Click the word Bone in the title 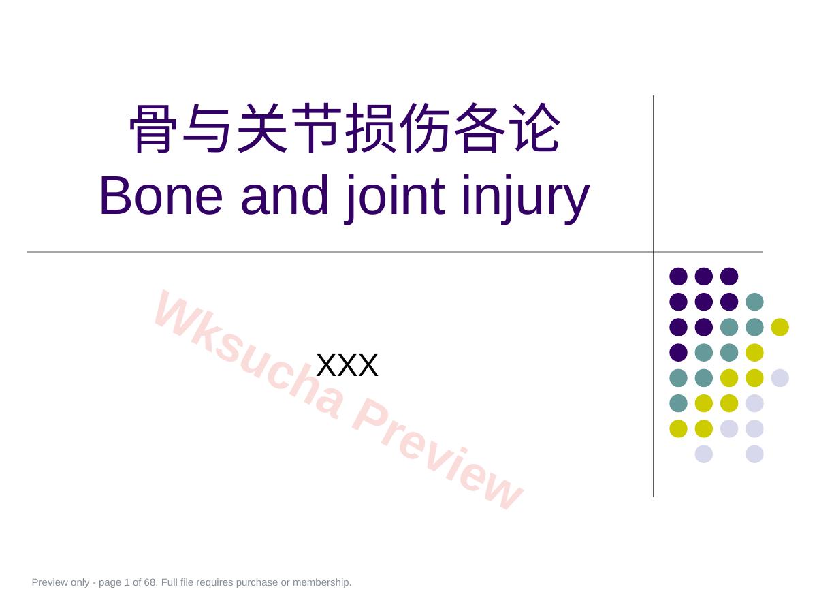click(x=161, y=195)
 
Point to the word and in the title click(x=285, y=195)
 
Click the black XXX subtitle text click(x=347, y=365)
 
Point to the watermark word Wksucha click(x=249, y=353)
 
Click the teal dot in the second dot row click(x=754, y=302)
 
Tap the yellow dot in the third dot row click(x=780, y=327)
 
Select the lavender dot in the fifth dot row click(x=780, y=378)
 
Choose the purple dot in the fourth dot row click(x=679, y=352)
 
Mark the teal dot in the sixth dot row click(x=679, y=403)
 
